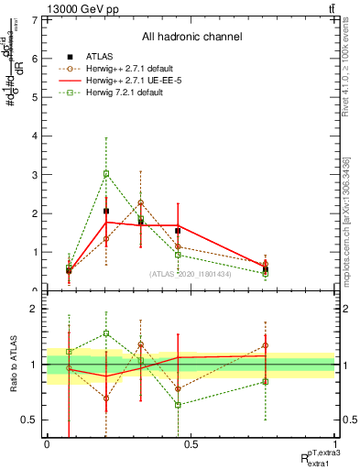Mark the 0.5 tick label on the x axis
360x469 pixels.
[191, 444]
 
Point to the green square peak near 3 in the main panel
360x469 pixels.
[106, 173]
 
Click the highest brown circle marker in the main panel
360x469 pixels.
[140, 202]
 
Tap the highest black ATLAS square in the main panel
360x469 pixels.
[106, 211]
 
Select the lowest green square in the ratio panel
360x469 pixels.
[178, 405]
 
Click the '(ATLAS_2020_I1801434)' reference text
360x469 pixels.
[190, 273]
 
